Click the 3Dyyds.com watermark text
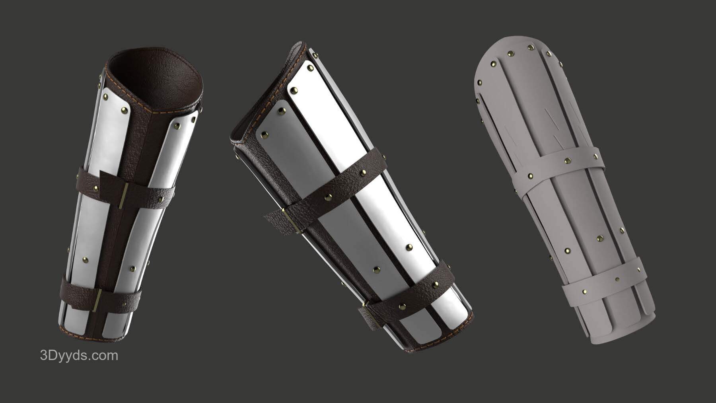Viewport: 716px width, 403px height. tap(80, 356)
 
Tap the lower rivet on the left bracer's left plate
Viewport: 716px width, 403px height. tap(85, 260)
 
